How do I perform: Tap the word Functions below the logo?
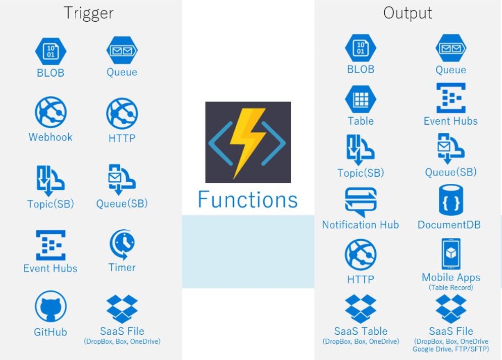tap(247, 199)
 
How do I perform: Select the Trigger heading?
tap(88, 13)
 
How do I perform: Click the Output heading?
tap(408, 13)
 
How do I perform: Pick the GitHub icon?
tap(51, 308)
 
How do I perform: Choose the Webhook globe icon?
tap(51, 114)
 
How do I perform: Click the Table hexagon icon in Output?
tap(361, 99)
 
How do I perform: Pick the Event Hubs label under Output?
tap(450, 121)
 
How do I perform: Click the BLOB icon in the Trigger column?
tap(51, 51)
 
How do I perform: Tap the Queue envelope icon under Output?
tap(450, 49)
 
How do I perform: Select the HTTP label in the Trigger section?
tap(122, 137)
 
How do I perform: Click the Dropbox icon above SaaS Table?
tap(361, 309)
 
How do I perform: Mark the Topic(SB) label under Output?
tap(361, 173)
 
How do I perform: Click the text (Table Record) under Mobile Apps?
tap(450, 288)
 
